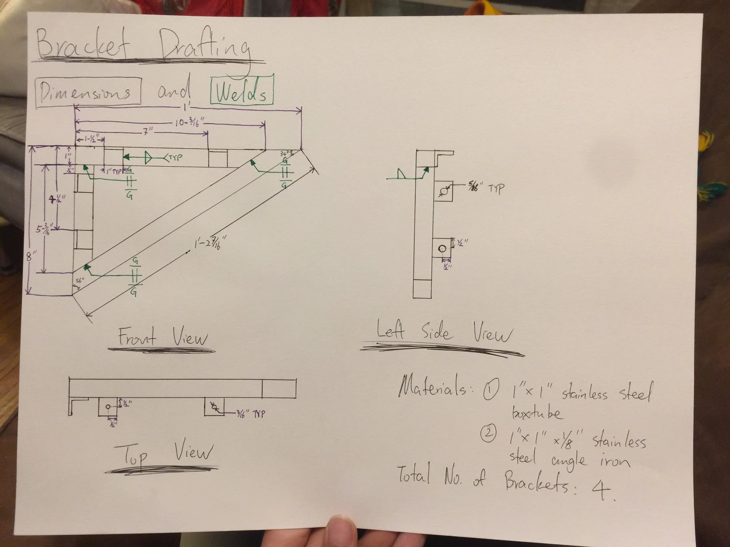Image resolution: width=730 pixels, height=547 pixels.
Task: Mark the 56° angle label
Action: click(x=80, y=281)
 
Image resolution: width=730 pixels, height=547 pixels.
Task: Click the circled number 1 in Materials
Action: click(x=491, y=392)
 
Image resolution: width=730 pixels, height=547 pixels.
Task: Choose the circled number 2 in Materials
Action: click(x=489, y=434)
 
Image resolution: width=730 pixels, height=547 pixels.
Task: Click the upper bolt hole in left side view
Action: click(x=444, y=191)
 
